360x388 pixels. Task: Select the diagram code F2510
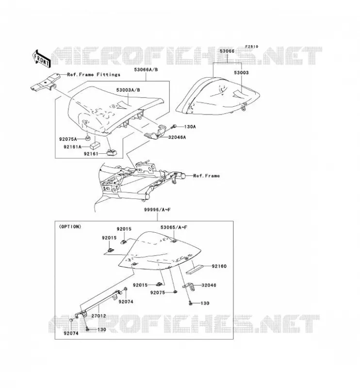pyautogui.click(x=252, y=47)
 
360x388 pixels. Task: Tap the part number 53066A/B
pyautogui.click(x=146, y=70)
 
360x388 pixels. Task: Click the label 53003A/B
pyautogui.click(x=128, y=90)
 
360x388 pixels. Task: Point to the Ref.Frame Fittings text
pyautogui.click(x=94, y=75)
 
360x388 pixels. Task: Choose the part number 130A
pyautogui.click(x=190, y=127)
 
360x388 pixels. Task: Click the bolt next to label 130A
pyautogui.click(x=174, y=127)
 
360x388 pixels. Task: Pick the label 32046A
pyautogui.click(x=177, y=137)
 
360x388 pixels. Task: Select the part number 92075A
pyautogui.click(x=68, y=139)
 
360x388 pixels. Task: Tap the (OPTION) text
pyautogui.click(x=70, y=226)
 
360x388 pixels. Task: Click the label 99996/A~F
pyautogui.click(x=158, y=210)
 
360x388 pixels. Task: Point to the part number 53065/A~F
pyautogui.click(x=174, y=227)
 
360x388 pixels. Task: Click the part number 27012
pyautogui.click(x=98, y=316)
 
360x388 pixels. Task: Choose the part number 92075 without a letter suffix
pyautogui.click(x=158, y=292)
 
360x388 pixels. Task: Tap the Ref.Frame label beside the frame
pyautogui.click(x=206, y=176)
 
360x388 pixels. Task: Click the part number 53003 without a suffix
pyautogui.click(x=241, y=73)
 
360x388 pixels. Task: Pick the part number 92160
pyautogui.click(x=219, y=266)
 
